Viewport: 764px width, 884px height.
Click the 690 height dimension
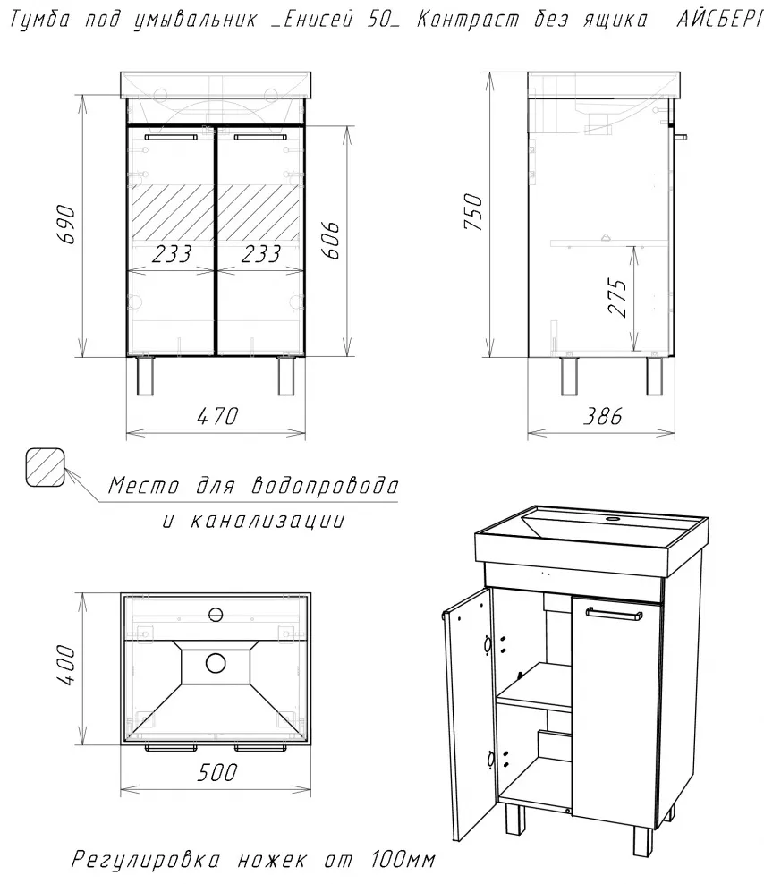coord(66,225)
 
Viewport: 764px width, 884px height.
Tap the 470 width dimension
coord(217,416)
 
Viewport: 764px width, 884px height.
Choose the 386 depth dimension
coord(602,416)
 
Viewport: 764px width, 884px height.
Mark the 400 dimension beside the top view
coord(66,666)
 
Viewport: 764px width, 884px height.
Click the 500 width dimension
coord(217,772)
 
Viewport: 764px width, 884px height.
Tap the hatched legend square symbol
coord(45,467)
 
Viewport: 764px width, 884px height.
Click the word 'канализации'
coord(267,520)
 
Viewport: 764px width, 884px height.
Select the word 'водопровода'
coord(325,486)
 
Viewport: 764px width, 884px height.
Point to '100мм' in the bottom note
coord(403,860)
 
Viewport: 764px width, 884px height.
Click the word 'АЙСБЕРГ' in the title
coord(720,20)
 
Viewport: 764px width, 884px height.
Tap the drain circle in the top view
coord(216,663)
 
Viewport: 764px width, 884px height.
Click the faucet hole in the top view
coord(216,614)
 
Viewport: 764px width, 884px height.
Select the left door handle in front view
coord(171,137)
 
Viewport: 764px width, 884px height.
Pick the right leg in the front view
coord(286,376)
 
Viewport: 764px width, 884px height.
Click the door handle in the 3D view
coord(613,614)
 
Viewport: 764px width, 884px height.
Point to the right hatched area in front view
coord(259,212)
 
